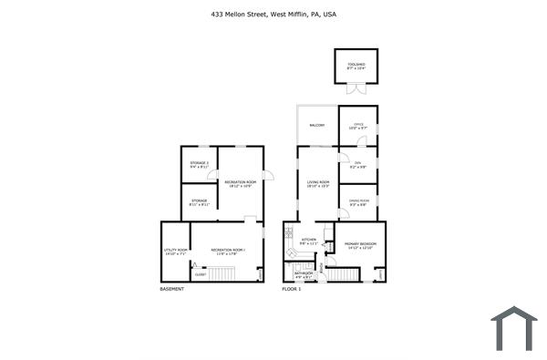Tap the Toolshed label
pyautogui.click(x=356, y=66)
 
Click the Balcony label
pyautogui.click(x=317, y=125)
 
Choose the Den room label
pyautogui.click(x=357, y=165)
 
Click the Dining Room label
pyautogui.click(x=358, y=202)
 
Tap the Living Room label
pyautogui.click(x=317, y=184)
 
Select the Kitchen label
pyautogui.click(x=308, y=242)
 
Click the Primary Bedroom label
pyautogui.click(x=361, y=245)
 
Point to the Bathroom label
pyautogui.click(x=303, y=274)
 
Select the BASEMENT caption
pyautogui.click(x=171, y=289)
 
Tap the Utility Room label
pyautogui.click(x=176, y=252)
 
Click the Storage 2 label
pyautogui.click(x=199, y=165)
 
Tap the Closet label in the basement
pyautogui.click(x=201, y=274)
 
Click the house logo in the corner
pyautogui.click(x=513, y=327)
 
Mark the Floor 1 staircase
pyautogui.click(x=345, y=273)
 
